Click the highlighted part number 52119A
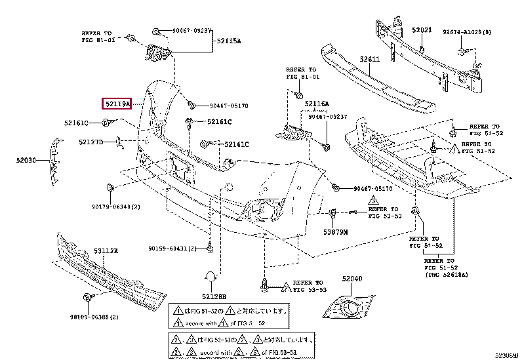click(x=117, y=104)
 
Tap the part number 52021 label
click(x=422, y=30)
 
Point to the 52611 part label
click(x=369, y=59)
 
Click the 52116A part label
click(x=317, y=104)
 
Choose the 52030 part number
click(x=27, y=159)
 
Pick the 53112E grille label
click(x=105, y=250)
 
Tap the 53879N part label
click(x=335, y=231)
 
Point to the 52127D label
click(x=91, y=142)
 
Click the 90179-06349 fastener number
click(x=116, y=207)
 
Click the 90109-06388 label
click(x=95, y=317)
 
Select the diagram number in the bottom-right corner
click(x=506, y=355)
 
